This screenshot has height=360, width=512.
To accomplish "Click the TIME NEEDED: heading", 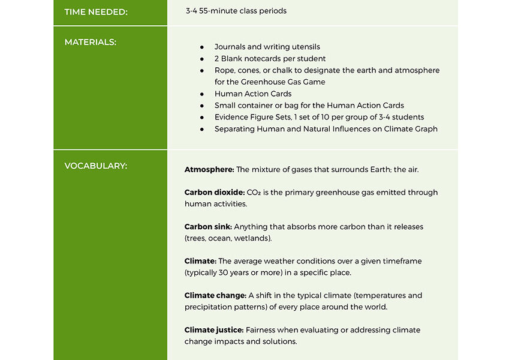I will coord(96,11).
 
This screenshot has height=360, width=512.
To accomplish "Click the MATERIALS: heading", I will coord(91,42).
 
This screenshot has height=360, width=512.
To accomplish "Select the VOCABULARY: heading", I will coord(96,166).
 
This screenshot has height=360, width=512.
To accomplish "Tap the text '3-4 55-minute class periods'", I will coord(236,11).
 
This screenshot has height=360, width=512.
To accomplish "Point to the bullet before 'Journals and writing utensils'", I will coord(202,47).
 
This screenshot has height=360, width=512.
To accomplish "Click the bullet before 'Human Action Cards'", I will coord(202,94).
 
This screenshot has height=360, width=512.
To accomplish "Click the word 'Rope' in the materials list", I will coord(225,70).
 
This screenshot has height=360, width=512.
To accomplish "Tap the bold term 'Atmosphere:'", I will coord(209,170).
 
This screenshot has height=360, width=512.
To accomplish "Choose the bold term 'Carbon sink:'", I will coord(208,227).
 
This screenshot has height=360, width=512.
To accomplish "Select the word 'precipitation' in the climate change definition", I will coord(210,307).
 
